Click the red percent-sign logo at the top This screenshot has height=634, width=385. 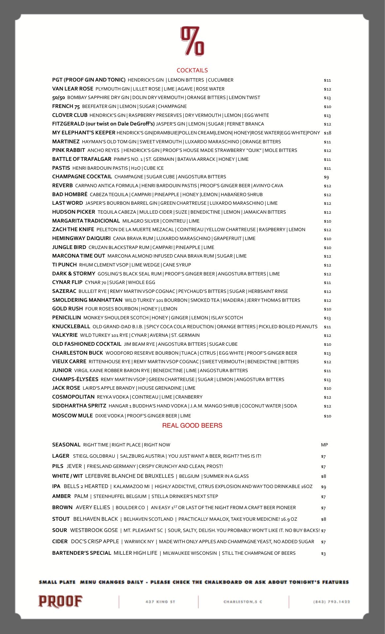(192, 41)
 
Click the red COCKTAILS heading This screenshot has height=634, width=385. (192, 70)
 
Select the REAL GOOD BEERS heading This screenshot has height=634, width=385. (192, 426)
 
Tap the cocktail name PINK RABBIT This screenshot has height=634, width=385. (68, 150)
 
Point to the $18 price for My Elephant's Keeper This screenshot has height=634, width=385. (327, 133)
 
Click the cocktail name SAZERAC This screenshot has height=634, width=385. (64, 291)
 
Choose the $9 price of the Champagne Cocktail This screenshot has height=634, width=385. (326, 177)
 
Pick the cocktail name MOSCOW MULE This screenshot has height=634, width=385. (72, 416)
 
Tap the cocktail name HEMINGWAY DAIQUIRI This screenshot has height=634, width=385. (81, 238)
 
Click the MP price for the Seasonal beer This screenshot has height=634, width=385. (324, 445)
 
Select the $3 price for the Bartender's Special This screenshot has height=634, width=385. (323, 553)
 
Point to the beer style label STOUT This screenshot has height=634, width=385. (61, 519)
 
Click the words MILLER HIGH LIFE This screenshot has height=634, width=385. (135, 553)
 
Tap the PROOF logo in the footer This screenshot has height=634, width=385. (60, 601)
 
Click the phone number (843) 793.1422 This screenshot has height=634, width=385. (332, 602)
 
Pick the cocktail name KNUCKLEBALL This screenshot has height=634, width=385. (71, 327)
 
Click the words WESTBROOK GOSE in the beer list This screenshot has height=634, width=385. (94, 530)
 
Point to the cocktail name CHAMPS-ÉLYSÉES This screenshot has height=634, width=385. (75, 379)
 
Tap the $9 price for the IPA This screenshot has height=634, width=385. (323, 487)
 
